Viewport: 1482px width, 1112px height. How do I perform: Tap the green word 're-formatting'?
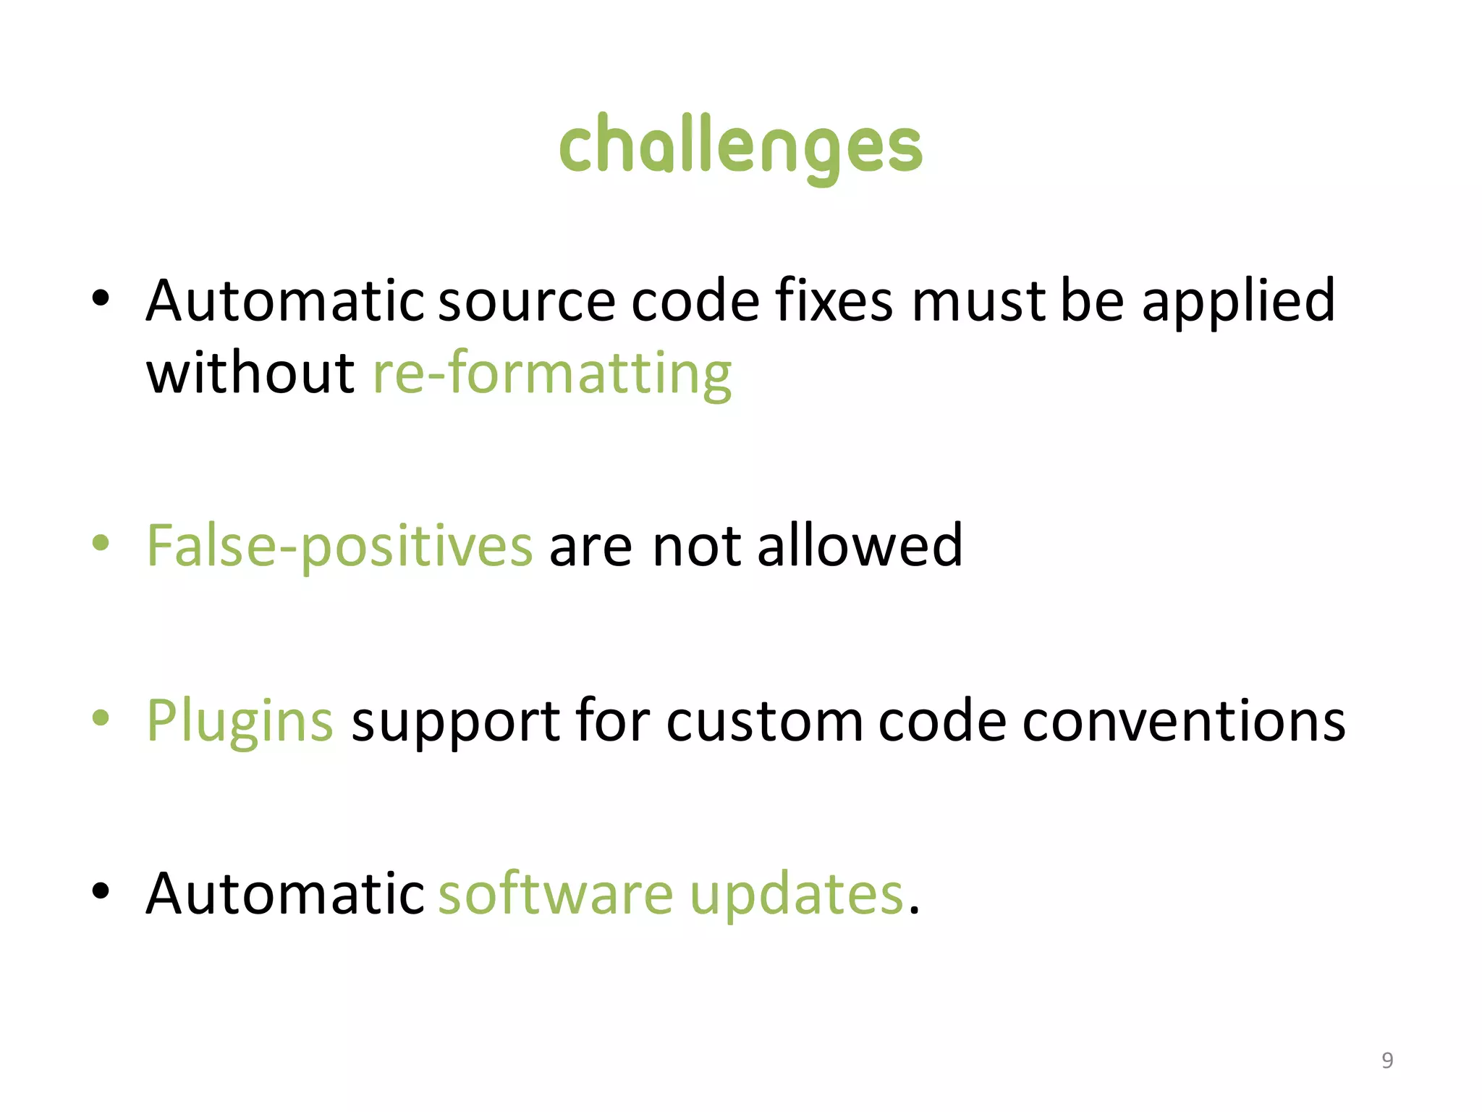click(551, 374)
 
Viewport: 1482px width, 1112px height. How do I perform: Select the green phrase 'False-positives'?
click(339, 546)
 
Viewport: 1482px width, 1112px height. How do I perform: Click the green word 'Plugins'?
click(240, 721)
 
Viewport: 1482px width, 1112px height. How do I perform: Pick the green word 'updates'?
click(796, 895)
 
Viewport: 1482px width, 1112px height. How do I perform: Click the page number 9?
click(1386, 1060)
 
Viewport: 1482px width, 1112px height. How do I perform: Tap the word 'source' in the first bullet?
click(526, 301)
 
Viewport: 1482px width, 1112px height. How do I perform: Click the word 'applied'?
click(1238, 303)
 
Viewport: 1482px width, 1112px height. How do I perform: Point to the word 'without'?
click(250, 374)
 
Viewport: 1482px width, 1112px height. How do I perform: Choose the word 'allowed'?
click(859, 546)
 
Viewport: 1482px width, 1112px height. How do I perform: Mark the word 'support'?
click(455, 723)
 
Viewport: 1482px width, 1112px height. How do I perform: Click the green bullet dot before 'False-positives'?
click(101, 544)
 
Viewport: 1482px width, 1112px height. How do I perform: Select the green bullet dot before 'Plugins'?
click(101, 717)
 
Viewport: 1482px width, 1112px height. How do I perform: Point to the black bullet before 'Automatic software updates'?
click(101, 890)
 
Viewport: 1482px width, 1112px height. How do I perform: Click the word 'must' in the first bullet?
click(978, 301)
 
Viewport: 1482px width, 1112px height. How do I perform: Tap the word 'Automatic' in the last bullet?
click(285, 893)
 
